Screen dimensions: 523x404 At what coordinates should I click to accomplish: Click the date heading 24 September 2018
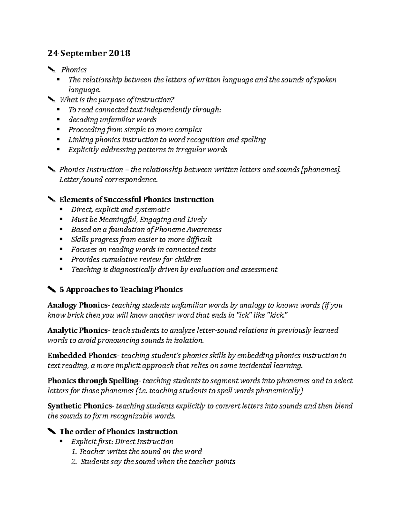pos(89,53)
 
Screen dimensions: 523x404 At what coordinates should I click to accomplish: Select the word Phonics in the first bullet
pos(74,70)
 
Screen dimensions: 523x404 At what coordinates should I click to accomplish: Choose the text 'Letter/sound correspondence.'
pos(108,179)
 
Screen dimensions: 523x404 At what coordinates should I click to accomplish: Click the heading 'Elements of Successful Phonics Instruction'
pos(136,199)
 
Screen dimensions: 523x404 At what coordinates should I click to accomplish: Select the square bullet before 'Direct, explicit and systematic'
pos(61,209)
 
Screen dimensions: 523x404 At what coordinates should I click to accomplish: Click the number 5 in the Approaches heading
pos(61,289)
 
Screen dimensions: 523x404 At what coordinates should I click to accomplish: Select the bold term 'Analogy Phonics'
pos(77,305)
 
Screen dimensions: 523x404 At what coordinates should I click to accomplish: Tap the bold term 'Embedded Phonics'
pos(82,355)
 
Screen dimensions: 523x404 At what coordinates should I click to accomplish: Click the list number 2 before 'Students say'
pos(74,461)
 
